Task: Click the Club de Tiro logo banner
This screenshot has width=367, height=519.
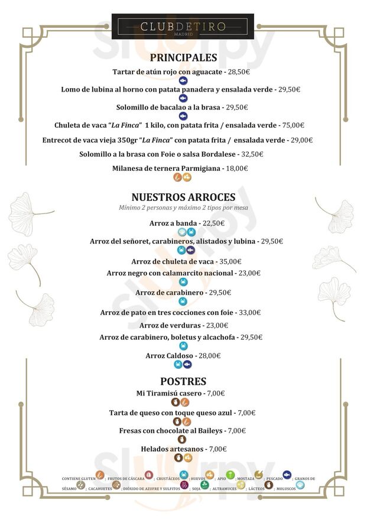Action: tap(183, 27)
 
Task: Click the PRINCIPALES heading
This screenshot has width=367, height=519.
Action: tap(183, 57)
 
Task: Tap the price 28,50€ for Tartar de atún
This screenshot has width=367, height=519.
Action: tap(239, 72)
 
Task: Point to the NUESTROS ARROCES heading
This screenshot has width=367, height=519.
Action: tap(183, 197)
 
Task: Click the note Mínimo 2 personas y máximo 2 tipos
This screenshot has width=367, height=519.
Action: tap(183, 208)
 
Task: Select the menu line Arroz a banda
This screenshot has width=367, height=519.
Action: tap(183, 223)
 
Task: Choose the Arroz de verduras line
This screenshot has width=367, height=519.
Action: tap(183, 326)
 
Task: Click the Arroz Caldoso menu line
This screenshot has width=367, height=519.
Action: tap(183, 356)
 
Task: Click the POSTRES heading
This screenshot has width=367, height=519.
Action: tap(183, 381)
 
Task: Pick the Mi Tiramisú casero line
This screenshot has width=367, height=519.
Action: tap(183, 393)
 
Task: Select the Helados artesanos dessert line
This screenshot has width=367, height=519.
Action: tap(183, 449)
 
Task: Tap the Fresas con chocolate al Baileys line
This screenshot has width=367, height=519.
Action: tap(183, 431)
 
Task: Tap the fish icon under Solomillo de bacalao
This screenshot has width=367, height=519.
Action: tap(183, 116)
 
